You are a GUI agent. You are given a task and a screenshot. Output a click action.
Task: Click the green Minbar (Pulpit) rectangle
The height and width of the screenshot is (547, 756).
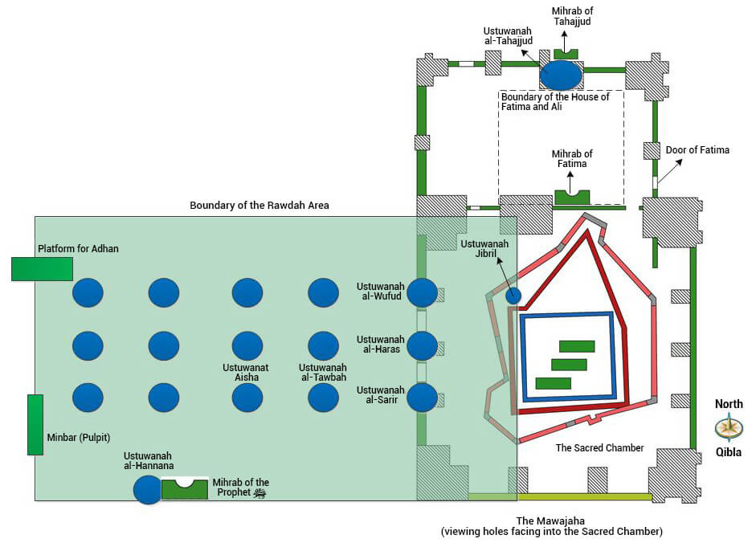[x=35, y=424]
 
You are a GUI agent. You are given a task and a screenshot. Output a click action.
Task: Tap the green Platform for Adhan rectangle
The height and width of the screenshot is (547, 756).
[x=42, y=268]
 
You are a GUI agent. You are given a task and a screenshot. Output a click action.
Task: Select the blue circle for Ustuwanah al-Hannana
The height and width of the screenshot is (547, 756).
[x=148, y=489]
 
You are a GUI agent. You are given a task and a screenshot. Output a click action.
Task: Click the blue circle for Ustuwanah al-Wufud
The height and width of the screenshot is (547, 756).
[x=422, y=292]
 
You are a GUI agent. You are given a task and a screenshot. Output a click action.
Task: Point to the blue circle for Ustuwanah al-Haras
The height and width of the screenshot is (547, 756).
[x=422, y=345]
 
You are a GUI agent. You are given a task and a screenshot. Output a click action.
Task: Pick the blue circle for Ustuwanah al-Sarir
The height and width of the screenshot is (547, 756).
[x=422, y=398]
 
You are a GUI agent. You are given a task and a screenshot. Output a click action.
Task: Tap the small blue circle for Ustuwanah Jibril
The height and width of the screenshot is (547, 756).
[x=513, y=296]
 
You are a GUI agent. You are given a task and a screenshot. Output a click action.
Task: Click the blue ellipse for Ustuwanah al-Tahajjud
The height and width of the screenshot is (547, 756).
[x=561, y=75]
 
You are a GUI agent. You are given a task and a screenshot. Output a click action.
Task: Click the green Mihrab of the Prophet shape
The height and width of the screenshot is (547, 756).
[x=185, y=489]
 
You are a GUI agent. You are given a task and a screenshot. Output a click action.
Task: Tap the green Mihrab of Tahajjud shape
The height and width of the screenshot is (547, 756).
[x=566, y=53]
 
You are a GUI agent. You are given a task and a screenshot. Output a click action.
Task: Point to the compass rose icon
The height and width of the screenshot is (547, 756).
[x=729, y=427]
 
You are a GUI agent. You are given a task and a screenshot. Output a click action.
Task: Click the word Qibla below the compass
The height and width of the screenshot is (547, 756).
[x=729, y=452]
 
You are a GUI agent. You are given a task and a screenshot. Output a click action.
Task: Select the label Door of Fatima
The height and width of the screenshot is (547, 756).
[x=697, y=150]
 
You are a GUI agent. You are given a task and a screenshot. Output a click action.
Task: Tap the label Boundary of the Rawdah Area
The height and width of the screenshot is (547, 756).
[x=259, y=206]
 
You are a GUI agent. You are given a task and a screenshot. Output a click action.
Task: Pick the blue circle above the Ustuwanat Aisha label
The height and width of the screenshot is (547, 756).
[x=247, y=345]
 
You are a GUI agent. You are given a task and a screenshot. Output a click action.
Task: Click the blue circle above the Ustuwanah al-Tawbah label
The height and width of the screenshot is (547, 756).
[x=323, y=345]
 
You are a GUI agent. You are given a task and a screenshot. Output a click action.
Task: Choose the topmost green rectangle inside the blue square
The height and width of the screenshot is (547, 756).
[x=577, y=346]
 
